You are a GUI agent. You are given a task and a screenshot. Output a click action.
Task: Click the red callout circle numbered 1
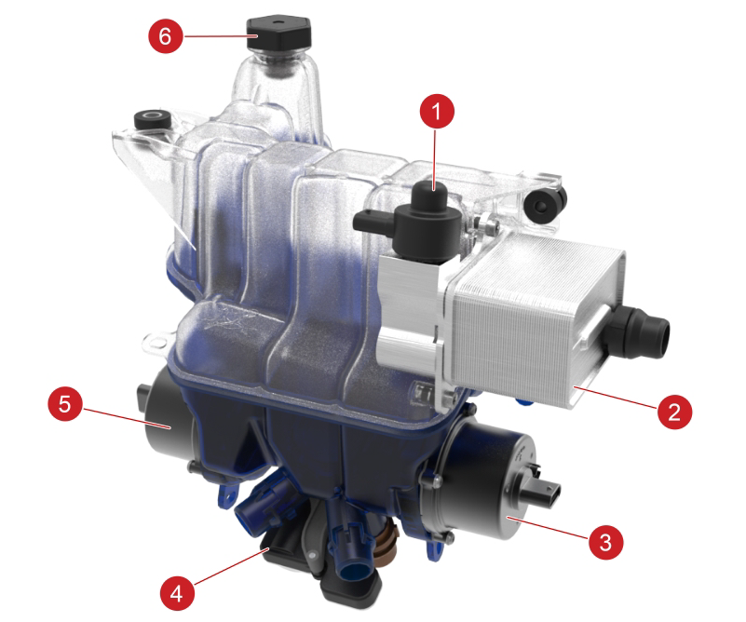[437, 112]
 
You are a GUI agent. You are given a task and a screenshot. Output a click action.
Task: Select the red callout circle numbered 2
[674, 411]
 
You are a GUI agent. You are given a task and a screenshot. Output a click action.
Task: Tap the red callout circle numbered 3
[605, 542]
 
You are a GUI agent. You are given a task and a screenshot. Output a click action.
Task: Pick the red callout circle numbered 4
[177, 593]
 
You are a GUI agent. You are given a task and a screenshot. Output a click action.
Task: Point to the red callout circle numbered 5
[64, 404]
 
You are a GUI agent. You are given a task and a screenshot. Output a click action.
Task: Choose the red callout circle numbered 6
[165, 35]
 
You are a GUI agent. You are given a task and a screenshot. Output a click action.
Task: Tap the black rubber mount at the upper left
[152, 119]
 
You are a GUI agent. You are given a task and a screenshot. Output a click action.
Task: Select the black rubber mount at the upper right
[544, 203]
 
